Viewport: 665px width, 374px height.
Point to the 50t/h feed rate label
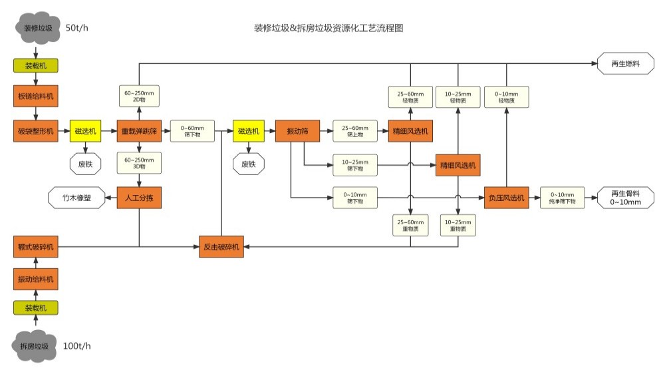78,28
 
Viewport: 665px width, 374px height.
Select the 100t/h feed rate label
77,345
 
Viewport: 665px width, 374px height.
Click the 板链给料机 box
36,96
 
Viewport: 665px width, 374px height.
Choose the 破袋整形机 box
36,131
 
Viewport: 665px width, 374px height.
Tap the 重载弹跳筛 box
139,131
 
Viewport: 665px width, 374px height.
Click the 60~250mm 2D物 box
139,96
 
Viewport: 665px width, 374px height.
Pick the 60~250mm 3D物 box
139,164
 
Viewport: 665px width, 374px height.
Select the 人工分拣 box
139,198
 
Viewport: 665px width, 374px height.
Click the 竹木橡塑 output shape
76,198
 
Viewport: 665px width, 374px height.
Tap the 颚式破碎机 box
36,247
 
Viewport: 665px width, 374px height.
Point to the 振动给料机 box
36,279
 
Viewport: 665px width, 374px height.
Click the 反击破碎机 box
221,247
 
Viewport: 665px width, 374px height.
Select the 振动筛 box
297,131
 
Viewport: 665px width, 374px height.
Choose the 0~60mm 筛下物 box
193,131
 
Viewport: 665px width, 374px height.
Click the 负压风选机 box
507,198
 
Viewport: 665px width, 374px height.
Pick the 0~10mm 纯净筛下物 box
562,198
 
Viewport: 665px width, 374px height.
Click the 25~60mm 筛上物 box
354,131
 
